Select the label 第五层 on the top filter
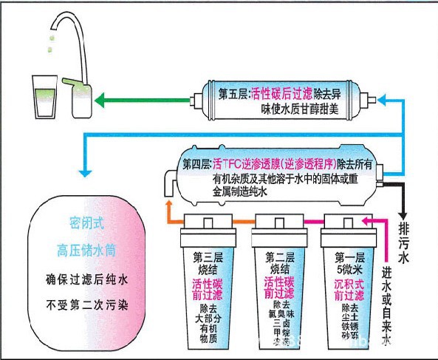(x=235, y=95)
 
